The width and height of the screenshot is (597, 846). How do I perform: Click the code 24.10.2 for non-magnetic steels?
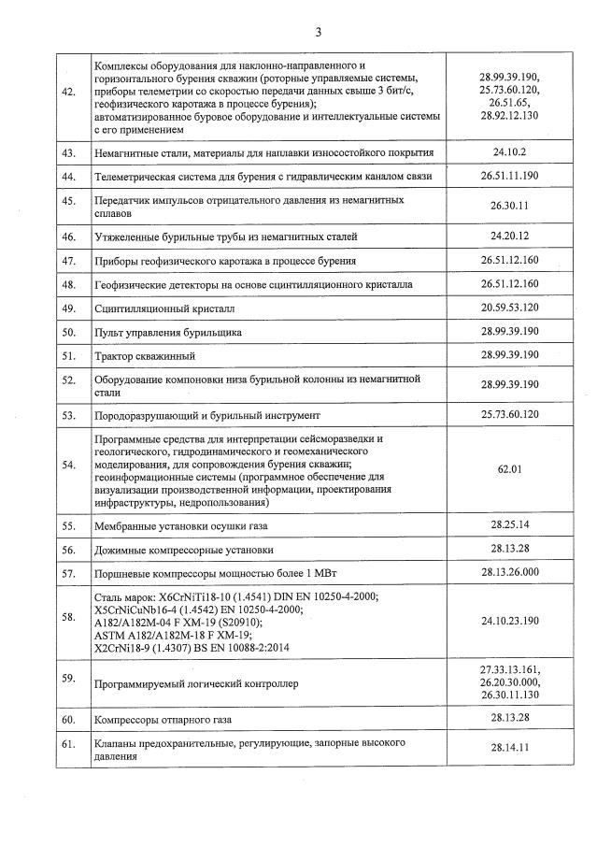pyautogui.click(x=509, y=151)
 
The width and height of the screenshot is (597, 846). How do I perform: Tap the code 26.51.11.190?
pyautogui.click(x=509, y=176)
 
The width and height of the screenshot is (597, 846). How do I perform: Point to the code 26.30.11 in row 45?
pyautogui.click(x=509, y=207)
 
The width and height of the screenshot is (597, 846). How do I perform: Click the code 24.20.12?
pyautogui.click(x=509, y=237)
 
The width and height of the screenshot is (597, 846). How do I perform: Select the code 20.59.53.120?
pyautogui.click(x=509, y=308)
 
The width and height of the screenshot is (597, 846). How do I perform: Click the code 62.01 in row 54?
pyautogui.click(x=509, y=468)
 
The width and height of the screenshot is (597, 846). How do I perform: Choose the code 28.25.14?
pyautogui.click(x=509, y=525)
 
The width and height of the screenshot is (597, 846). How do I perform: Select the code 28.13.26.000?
pyautogui.click(x=509, y=572)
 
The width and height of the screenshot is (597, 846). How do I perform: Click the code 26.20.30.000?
pyautogui.click(x=509, y=683)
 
